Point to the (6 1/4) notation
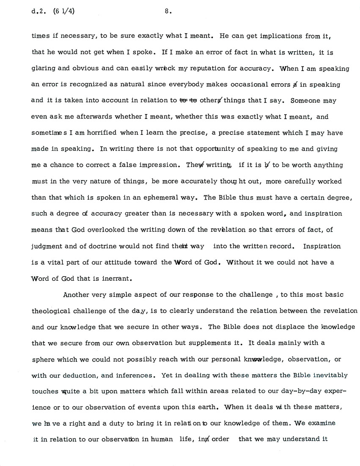click(x=63, y=12)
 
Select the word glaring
click(x=43, y=68)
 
